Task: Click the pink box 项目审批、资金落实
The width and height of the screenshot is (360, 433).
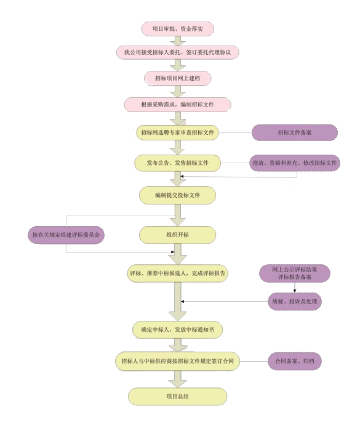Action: (178, 29)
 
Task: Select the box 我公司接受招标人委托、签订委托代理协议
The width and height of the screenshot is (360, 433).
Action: (177, 52)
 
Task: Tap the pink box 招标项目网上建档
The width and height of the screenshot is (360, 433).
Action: (178, 78)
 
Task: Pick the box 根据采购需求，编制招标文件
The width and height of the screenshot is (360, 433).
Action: (177, 104)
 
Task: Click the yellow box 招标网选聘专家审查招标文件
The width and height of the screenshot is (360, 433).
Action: (177, 132)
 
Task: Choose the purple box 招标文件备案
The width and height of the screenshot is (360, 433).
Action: (295, 132)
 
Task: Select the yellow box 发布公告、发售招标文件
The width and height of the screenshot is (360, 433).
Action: (177, 163)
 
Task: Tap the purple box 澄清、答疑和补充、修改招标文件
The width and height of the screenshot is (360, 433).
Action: (295, 163)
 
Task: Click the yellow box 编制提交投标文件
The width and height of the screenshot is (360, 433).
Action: (177, 195)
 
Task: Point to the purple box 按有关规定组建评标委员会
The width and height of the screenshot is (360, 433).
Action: (66, 235)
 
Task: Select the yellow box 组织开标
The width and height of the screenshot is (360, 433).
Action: (177, 235)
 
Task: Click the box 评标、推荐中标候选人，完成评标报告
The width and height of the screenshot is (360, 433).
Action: (177, 273)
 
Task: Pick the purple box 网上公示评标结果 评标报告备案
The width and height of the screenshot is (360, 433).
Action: (295, 273)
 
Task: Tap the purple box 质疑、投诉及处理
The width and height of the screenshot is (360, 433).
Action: (295, 302)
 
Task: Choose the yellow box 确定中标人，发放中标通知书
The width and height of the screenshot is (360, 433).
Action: (177, 330)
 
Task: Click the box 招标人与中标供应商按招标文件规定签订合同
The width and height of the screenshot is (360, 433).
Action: (177, 361)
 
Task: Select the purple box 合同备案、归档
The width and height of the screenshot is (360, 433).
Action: (295, 361)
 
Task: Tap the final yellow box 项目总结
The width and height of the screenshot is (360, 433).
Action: (177, 397)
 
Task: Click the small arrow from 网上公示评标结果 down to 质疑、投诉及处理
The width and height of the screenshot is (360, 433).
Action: (295, 288)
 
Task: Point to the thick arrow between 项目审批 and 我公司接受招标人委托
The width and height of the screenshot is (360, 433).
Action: (178, 41)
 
